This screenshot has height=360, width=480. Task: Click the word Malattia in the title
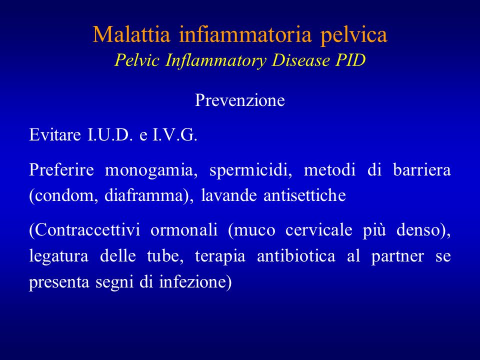point(131,34)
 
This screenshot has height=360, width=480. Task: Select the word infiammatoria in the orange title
point(245,34)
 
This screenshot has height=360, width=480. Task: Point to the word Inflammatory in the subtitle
point(215,60)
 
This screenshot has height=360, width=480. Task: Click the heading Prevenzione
point(240,100)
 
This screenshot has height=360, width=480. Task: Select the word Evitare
point(55,134)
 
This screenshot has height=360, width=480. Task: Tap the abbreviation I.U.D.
point(110,134)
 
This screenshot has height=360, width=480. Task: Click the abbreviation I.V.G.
point(175,134)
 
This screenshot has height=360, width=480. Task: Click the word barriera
point(422,169)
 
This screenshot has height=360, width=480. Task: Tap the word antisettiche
point(304,195)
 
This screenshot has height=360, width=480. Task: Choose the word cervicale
point(318,230)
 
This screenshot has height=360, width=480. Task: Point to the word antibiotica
point(296,255)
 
